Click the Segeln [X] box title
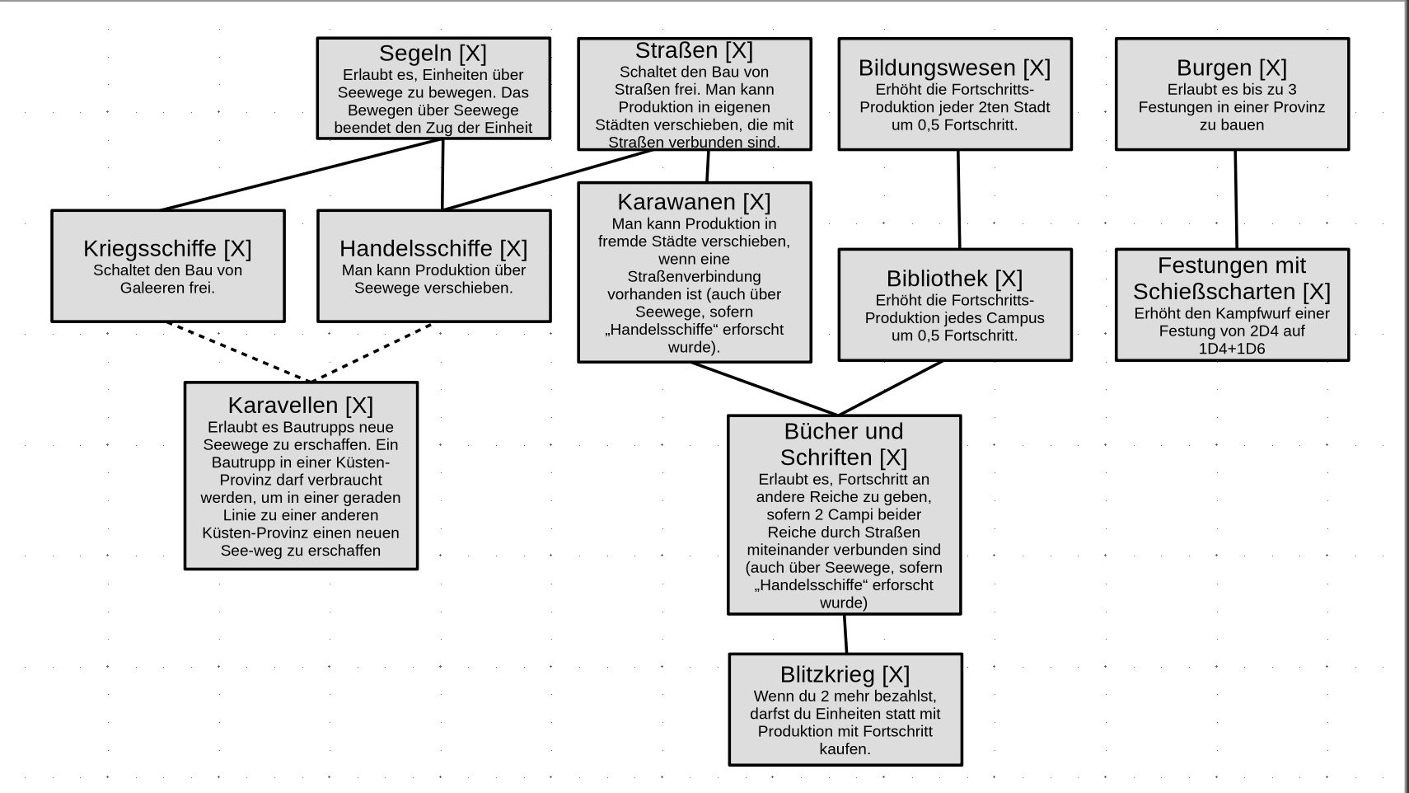tap(433, 54)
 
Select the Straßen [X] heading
tap(694, 51)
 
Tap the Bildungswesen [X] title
tap(954, 68)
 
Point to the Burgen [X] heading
tap(1231, 68)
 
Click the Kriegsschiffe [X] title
tap(167, 248)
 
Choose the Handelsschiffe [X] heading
tap(433, 248)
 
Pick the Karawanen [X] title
tap(694, 202)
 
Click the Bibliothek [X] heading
tap(954, 279)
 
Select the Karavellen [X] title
tap(300, 406)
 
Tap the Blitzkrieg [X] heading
tap(845, 674)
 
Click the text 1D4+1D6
tap(1231, 349)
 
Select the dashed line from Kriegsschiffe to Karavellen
tap(239, 352)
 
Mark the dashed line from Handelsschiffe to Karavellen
tap(371, 352)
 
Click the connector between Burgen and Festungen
tap(1235, 199)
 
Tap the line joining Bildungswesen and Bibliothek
tap(958, 199)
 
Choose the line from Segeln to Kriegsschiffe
tap(301, 175)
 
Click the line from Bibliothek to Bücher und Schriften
tap(891, 388)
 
